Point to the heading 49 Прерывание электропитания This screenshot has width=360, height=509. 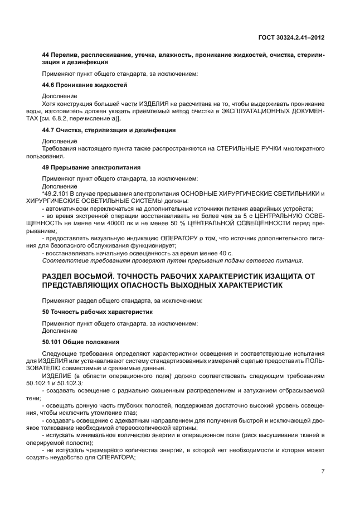[x=91, y=167]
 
